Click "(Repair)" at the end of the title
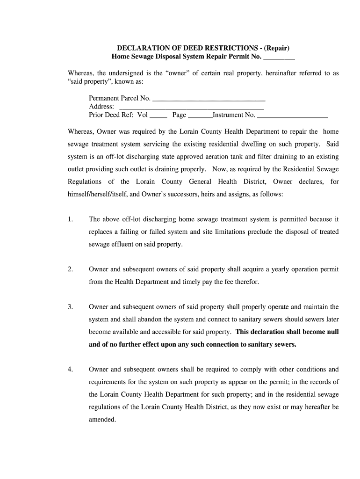click(276, 48)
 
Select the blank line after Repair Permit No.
click(279, 58)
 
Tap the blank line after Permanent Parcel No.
click(209, 99)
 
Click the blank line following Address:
click(192, 108)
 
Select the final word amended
click(102, 420)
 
